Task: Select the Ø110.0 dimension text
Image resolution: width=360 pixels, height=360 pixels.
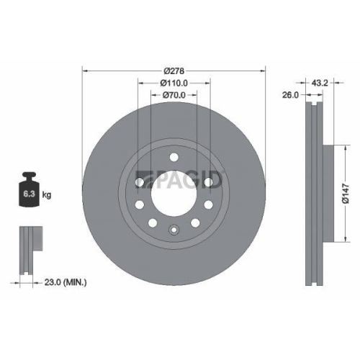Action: click(x=174, y=83)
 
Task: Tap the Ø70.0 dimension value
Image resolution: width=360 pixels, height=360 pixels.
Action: click(x=174, y=94)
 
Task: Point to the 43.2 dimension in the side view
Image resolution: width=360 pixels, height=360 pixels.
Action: click(x=321, y=84)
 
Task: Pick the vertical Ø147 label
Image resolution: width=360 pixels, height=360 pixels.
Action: click(x=347, y=193)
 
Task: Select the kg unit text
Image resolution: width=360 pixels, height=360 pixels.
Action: click(x=47, y=194)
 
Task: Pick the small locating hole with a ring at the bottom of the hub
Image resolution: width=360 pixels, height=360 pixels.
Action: click(x=174, y=230)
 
